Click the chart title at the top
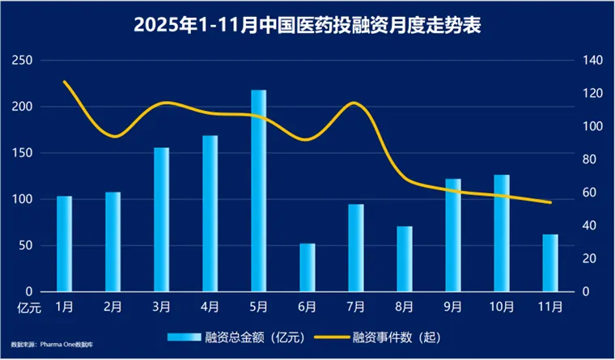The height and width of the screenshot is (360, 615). click(307, 26)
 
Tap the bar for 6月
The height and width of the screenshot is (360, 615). click(307, 267)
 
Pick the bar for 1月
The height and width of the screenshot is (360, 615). click(65, 244)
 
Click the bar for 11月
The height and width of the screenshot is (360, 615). click(550, 263)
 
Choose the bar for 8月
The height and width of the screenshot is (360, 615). click(405, 259)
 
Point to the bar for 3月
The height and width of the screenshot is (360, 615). click(162, 219)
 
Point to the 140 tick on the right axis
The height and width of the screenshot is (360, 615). click(592, 61)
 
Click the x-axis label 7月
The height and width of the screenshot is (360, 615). click(356, 307)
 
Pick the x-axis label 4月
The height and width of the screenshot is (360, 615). click(210, 307)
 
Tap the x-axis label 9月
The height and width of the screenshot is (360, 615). click(453, 307)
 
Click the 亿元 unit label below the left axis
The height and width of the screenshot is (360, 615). click(28, 307)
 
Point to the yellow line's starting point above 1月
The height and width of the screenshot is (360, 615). click(65, 82)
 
